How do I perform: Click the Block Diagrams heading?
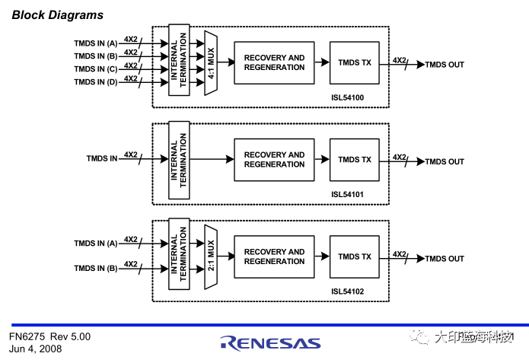click(58, 14)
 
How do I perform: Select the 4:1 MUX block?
click(211, 63)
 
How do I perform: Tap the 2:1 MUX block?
click(211, 256)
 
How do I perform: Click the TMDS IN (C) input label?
click(95, 69)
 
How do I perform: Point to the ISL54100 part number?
click(347, 97)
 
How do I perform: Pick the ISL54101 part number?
click(347, 194)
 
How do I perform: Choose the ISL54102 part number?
click(347, 292)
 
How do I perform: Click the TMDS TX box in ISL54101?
click(355, 160)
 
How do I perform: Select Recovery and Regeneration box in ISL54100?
click(274, 62)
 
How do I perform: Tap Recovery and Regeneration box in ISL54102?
click(274, 256)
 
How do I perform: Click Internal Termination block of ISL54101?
click(179, 160)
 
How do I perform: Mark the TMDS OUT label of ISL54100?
click(445, 65)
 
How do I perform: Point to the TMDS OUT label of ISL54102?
click(445, 259)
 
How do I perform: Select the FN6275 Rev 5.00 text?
click(50, 336)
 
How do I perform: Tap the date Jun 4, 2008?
click(36, 349)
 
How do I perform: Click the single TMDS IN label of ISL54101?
click(102, 158)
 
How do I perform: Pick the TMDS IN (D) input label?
click(95, 82)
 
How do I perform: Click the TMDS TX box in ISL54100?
click(355, 63)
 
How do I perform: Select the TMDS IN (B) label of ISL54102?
click(95, 268)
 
